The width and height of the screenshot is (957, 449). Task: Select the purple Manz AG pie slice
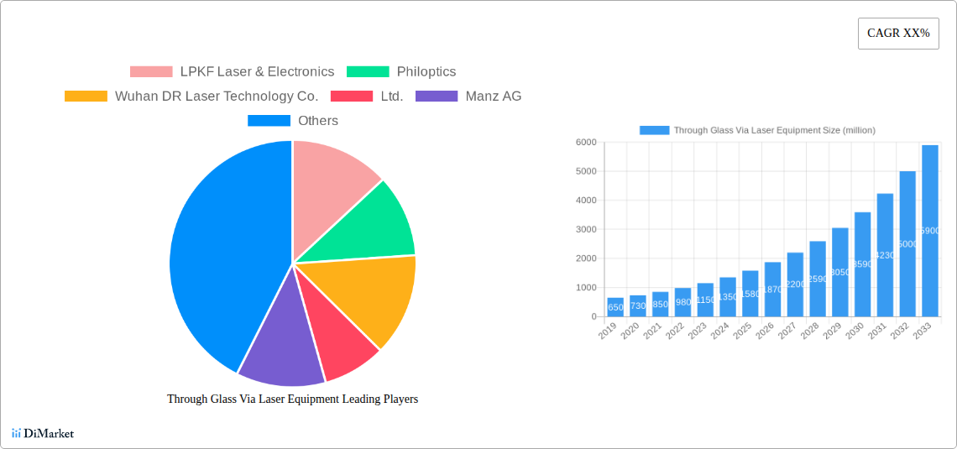pos(277,340)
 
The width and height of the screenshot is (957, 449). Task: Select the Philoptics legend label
pos(426,72)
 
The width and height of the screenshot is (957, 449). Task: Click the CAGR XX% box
pos(897,34)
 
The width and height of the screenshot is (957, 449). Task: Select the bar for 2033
pos(929,231)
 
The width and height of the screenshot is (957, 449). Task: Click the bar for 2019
pos(615,307)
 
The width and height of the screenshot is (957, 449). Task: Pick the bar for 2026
pos(772,290)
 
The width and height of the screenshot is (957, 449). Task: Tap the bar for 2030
pos(862,264)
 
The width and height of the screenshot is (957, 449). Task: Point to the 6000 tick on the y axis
pos(586,143)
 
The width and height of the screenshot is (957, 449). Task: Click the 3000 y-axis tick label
pos(586,229)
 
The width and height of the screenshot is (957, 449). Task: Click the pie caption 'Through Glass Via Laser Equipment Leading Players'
pos(292,399)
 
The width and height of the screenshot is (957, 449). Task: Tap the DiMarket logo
pos(43,434)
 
